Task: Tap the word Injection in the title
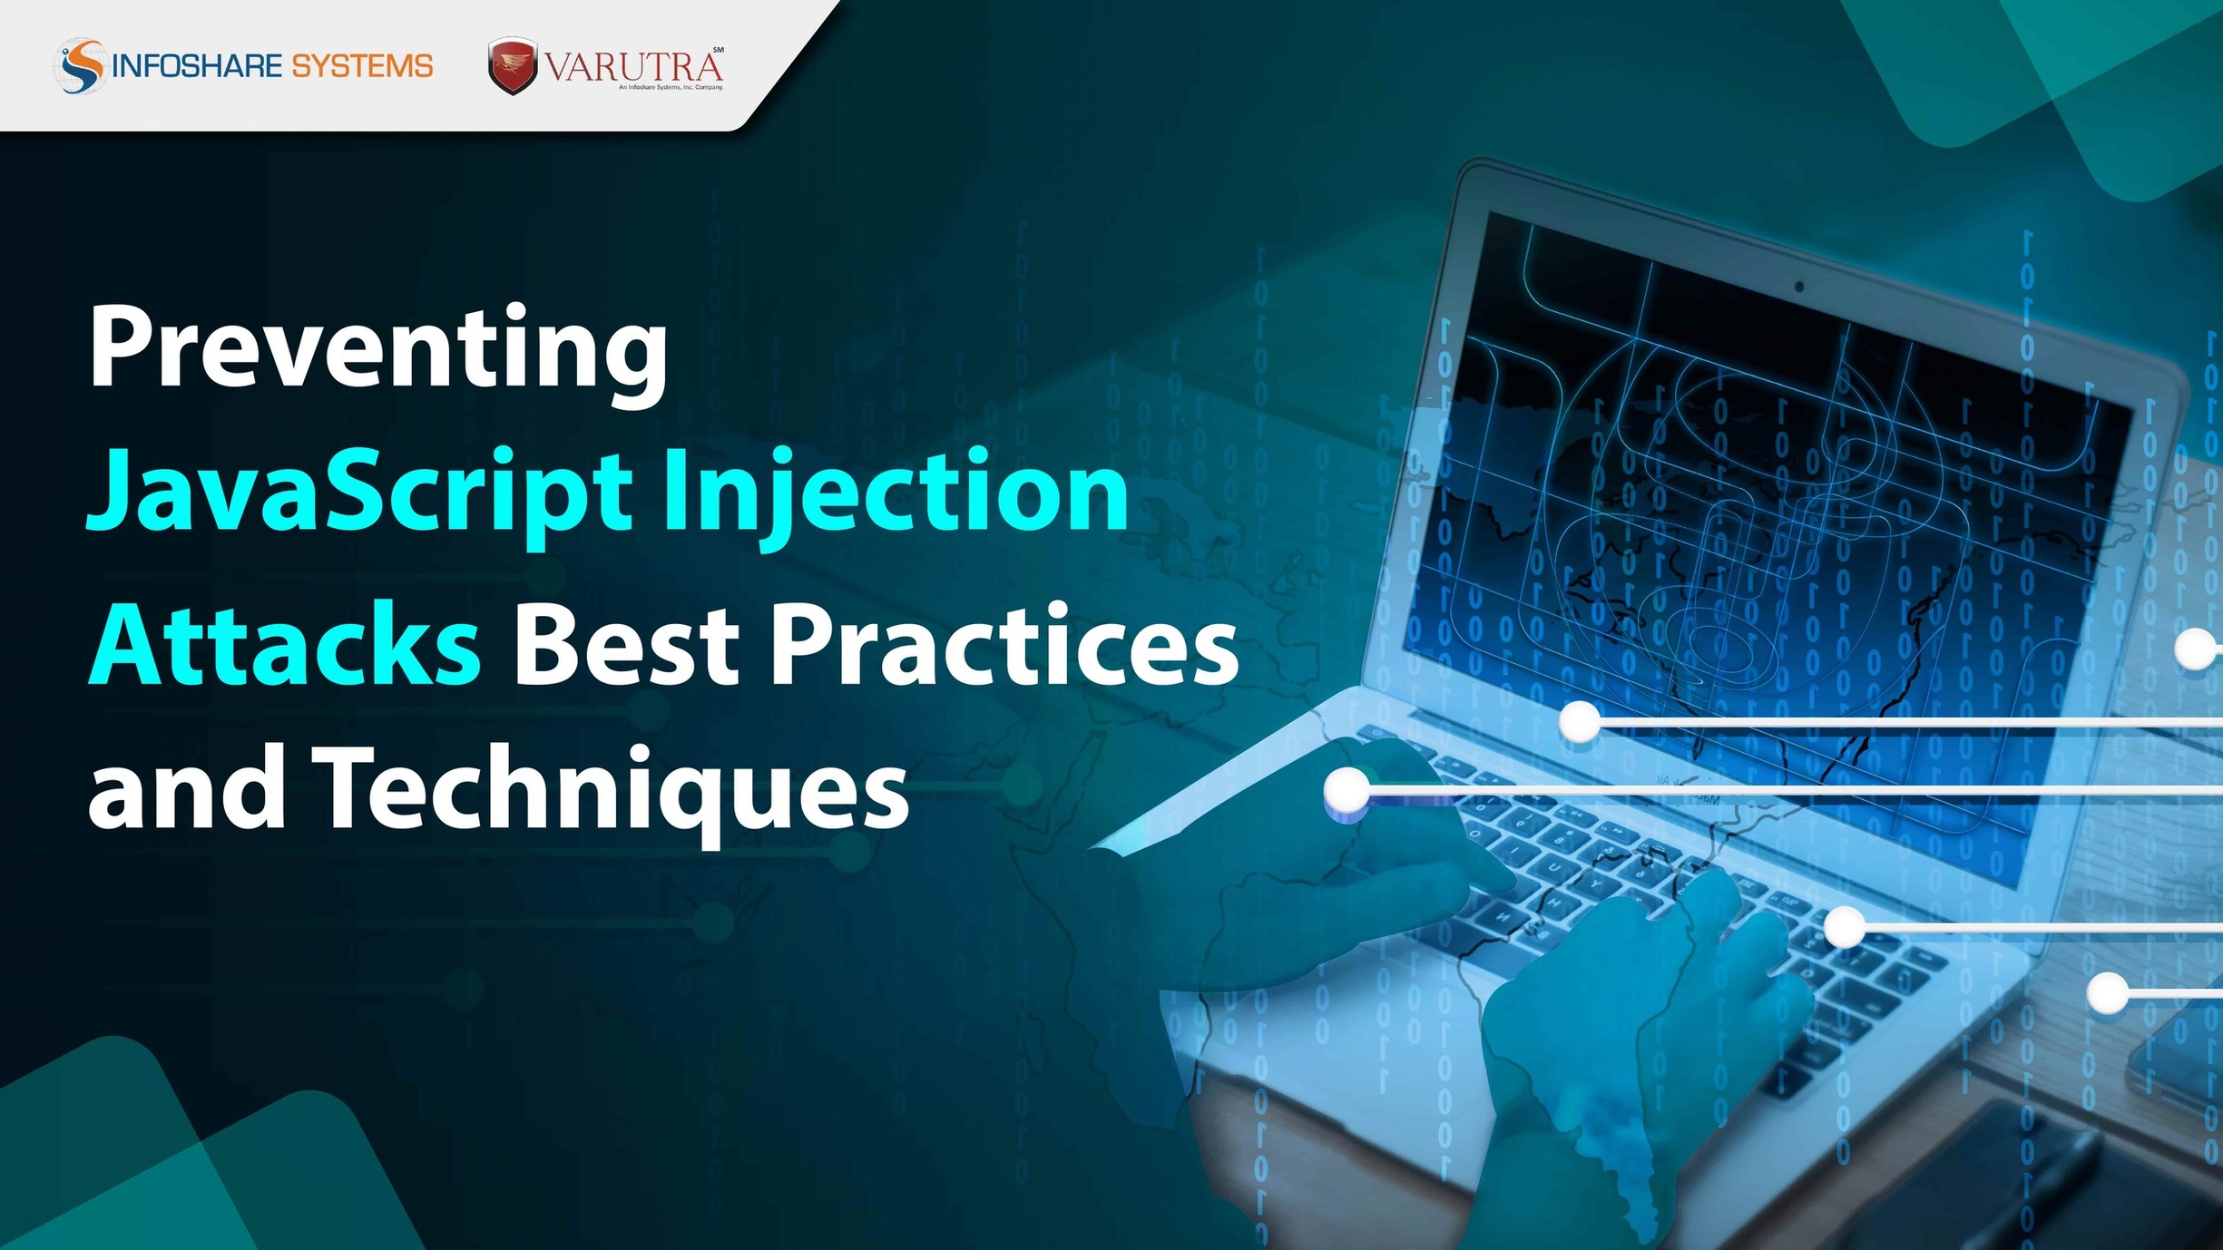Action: point(896,494)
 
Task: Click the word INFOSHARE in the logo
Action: point(196,66)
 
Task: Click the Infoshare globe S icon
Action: point(81,65)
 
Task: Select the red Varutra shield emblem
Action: point(513,66)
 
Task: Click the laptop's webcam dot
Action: point(1798,287)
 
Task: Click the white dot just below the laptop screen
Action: point(1580,722)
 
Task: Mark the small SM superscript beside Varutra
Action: point(718,49)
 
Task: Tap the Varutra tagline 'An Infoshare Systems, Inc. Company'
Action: point(671,88)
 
